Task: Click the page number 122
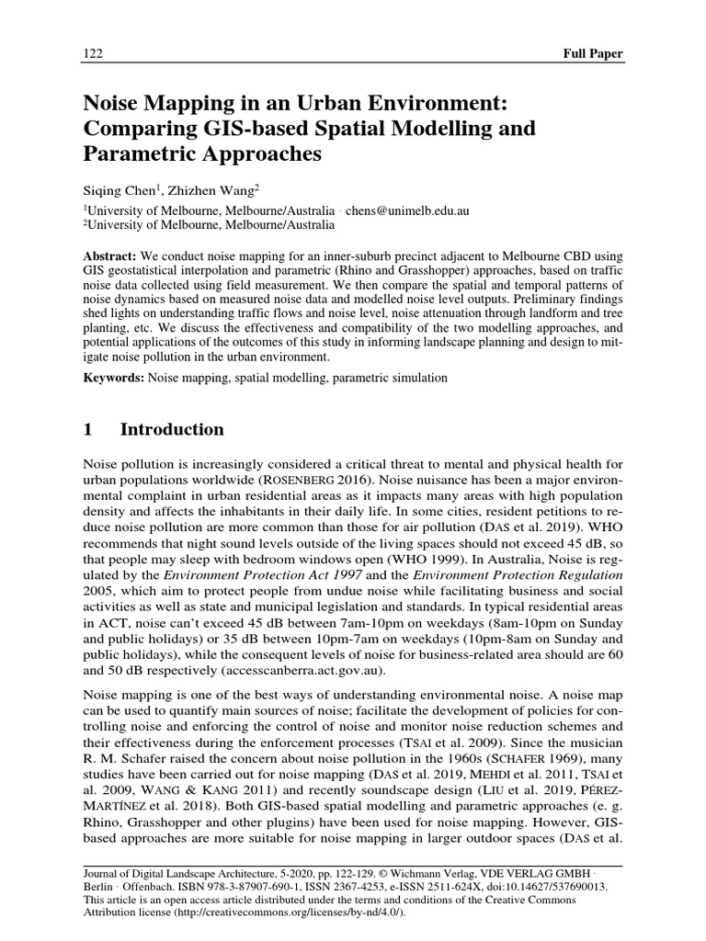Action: [92, 53]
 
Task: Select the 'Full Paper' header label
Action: [592, 53]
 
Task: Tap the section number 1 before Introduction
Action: [88, 430]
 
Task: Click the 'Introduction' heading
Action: [172, 430]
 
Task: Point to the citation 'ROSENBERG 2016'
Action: [318, 480]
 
